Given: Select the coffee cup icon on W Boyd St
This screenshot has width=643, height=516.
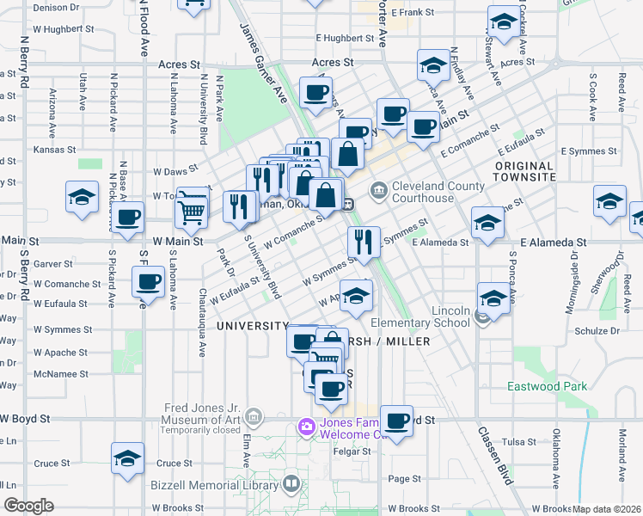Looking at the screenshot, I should (x=396, y=421).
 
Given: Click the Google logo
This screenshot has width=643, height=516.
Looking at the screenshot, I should (x=28, y=506).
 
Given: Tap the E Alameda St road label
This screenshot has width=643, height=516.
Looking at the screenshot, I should (x=440, y=243).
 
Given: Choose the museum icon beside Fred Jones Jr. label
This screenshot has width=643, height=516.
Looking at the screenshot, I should (x=254, y=418).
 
